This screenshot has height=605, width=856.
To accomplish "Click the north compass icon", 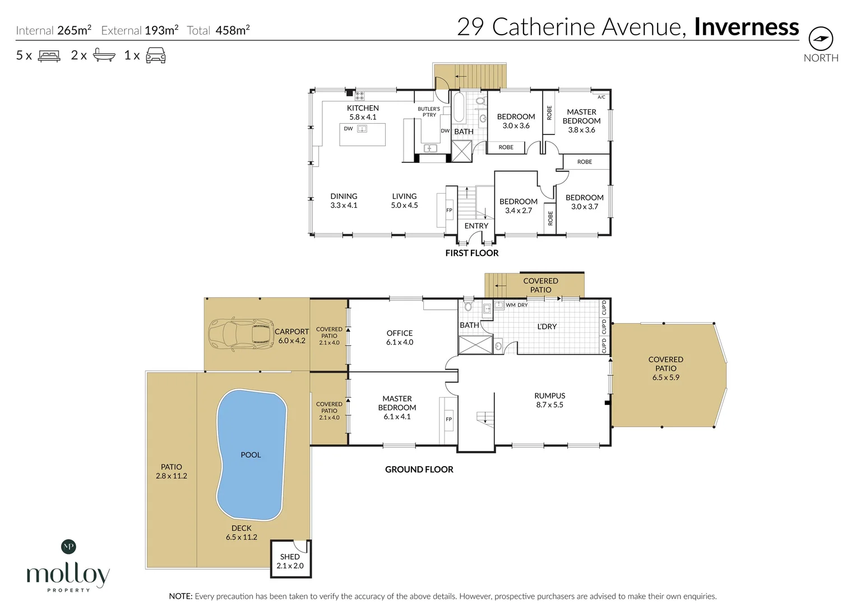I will (x=821, y=39).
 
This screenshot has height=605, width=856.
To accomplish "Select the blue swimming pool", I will (x=251, y=454).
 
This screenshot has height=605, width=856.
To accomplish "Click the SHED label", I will (x=290, y=557).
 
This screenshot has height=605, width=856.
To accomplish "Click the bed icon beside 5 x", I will (x=49, y=55).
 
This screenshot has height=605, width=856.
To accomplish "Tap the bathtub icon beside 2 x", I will (x=104, y=55).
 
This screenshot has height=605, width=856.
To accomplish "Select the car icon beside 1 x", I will (x=155, y=55).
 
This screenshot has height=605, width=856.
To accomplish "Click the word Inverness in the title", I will (x=746, y=27).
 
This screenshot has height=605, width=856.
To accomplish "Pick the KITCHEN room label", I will (x=363, y=108).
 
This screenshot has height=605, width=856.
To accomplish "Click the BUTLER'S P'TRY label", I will (x=429, y=112).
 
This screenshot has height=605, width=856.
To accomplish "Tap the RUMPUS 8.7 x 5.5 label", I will (x=549, y=400).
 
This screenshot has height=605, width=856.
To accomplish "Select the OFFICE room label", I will (x=400, y=333).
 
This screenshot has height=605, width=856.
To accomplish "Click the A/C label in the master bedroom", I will (x=601, y=97).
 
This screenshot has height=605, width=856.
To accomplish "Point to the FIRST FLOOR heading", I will (x=471, y=253).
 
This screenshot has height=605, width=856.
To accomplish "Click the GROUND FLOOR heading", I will (x=419, y=469).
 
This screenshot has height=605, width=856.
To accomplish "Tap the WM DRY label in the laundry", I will (x=516, y=305).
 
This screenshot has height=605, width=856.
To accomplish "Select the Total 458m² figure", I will (x=219, y=31).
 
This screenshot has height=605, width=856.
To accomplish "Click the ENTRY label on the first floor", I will (x=476, y=226).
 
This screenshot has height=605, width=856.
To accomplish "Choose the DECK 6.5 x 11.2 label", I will (x=242, y=532).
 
